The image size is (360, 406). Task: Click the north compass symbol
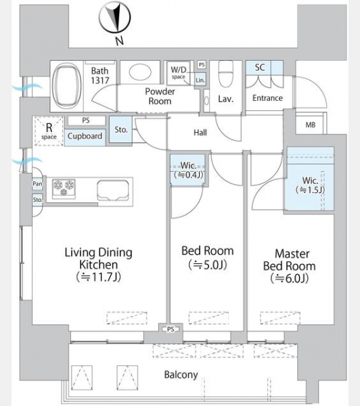115,18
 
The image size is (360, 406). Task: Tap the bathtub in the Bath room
66,86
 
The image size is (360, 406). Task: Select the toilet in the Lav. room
226,74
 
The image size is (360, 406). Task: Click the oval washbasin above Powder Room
140,72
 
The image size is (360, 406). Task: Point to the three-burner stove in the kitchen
64,189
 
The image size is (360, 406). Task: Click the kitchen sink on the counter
113,190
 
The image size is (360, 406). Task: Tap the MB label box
311,125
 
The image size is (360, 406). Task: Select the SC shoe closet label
260,67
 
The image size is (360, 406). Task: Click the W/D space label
179,72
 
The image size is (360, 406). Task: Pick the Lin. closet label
200,80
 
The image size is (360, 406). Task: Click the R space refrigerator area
49,131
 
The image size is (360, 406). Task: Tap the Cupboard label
85,136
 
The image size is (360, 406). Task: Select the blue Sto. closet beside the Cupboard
120,129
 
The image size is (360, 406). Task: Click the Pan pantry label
37,183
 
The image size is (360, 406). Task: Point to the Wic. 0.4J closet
188,170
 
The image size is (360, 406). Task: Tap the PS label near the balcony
171,330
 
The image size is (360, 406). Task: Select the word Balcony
181,375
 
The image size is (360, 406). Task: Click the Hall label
200,133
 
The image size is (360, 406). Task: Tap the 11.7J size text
99,277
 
